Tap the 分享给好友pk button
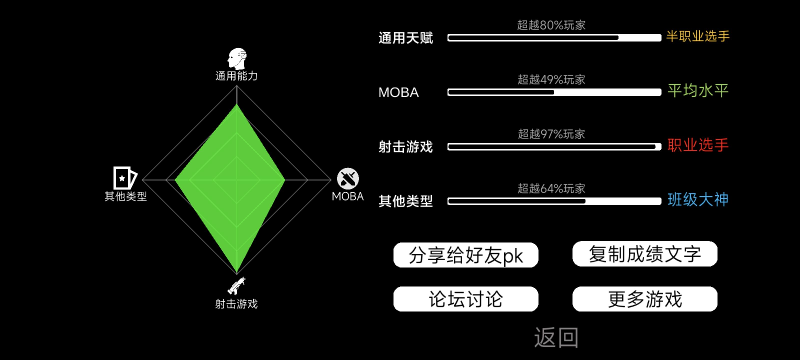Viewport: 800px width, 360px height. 465,255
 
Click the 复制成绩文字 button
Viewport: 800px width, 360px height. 645,254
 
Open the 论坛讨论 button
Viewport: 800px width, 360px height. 465,299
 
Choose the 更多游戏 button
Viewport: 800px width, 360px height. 645,299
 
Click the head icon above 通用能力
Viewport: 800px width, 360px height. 237,58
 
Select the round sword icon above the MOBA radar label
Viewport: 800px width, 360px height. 348,178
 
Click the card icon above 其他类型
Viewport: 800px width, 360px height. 124,178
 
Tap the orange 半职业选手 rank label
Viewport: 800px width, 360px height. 697,36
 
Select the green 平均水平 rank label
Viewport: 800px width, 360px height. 697,91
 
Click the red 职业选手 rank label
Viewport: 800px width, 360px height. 697,145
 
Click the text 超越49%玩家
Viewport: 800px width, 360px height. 551,80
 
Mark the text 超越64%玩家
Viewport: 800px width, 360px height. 551,188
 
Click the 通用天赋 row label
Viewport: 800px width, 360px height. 405,38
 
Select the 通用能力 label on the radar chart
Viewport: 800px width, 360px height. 237,76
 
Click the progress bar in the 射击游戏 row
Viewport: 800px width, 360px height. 554,147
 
